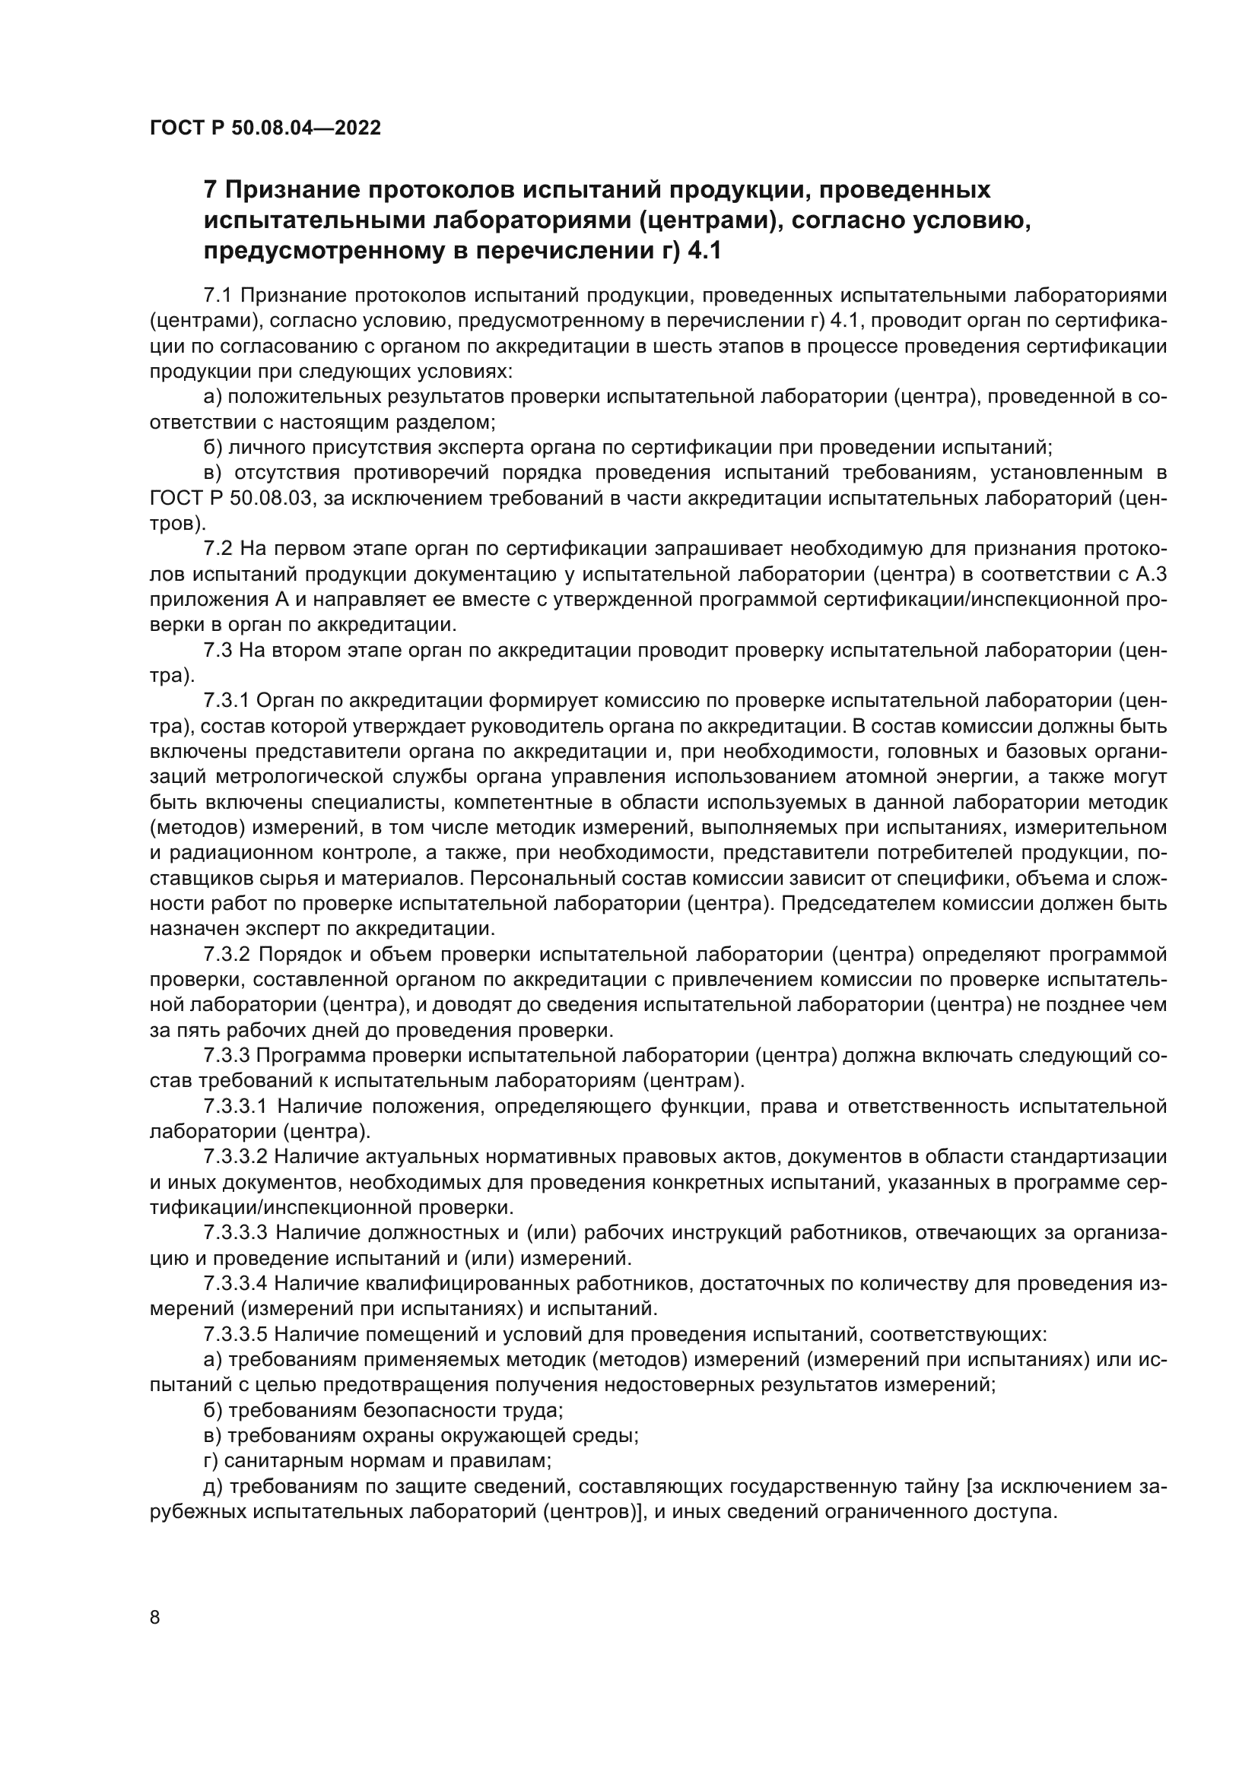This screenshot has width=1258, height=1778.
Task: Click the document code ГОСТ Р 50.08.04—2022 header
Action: click(x=265, y=128)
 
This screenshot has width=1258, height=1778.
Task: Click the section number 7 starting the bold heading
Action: click(x=210, y=190)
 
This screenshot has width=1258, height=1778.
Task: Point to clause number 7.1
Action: click(x=218, y=295)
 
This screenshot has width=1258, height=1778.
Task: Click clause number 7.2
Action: click(x=218, y=549)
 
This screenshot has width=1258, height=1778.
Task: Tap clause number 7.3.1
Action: click(x=226, y=702)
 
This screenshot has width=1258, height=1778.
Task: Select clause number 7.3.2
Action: click(x=226, y=955)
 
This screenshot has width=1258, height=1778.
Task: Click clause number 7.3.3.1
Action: click(x=236, y=1108)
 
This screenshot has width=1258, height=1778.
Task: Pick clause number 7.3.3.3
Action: click(x=236, y=1234)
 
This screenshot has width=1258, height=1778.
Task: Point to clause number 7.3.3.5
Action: click(x=236, y=1335)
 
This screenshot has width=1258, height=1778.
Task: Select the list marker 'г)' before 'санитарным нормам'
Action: click(x=212, y=1462)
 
